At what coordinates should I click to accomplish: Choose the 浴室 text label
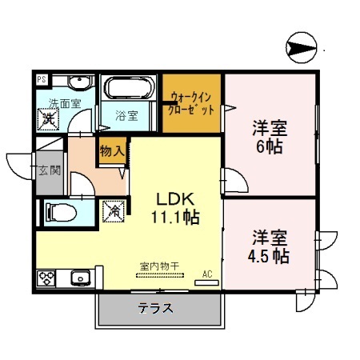[127, 115]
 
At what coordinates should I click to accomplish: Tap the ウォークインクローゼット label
[191, 104]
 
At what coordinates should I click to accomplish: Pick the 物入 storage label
[110, 150]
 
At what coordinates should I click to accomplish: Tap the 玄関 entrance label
[48, 170]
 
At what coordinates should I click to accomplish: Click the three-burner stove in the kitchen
[46, 279]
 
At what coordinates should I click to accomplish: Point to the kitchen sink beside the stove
[79, 279]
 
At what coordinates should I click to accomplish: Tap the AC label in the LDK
[206, 274]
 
